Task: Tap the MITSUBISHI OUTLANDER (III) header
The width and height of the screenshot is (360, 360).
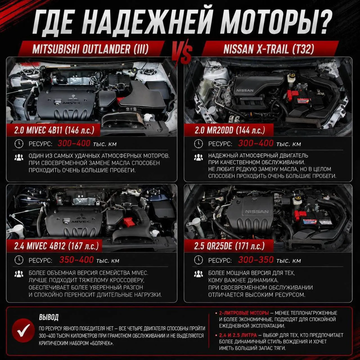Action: point(90,49)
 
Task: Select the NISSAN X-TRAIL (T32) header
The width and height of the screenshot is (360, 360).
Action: point(269,49)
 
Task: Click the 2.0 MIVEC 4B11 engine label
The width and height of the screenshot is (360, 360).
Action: point(54,130)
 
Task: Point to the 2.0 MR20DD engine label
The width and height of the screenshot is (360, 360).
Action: point(229,130)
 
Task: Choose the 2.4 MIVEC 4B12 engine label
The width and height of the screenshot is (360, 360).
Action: point(56,246)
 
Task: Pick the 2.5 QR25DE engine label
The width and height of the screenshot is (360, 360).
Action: point(229,246)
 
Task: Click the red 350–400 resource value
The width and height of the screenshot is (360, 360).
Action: point(76,260)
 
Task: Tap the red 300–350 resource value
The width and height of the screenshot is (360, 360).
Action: point(256,260)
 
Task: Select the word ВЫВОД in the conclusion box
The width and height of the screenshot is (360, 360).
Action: point(49,317)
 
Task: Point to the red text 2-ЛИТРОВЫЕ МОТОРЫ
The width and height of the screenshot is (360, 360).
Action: point(244,313)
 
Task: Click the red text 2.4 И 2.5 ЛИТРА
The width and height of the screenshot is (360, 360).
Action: point(238,335)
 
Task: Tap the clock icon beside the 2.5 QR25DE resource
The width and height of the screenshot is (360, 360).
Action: point(198,260)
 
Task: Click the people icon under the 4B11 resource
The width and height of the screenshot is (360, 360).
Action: point(19,157)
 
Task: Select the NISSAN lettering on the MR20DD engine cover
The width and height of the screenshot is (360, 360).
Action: point(245,91)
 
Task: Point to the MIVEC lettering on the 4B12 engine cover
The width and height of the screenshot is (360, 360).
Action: point(79,222)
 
